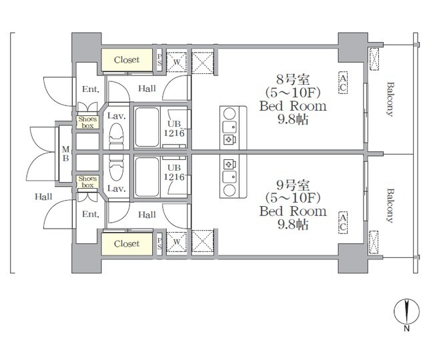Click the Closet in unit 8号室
coord(127,59)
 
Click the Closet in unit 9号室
coord(127,244)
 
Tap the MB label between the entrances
coord(65,153)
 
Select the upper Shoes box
coord(87,122)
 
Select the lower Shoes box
coord(87,182)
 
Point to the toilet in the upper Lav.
coord(116,136)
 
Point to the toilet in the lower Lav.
coord(116,168)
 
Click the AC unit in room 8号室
coord(343,83)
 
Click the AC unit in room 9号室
coord(343,223)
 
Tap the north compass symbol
coord(406,312)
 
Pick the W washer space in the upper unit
coord(176,62)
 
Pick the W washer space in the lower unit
coord(176,242)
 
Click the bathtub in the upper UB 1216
coord(147,127)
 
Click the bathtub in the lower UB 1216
coord(147,177)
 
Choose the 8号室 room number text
coord(293,79)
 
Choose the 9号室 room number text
coord(293,185)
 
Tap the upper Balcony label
coord(390,99)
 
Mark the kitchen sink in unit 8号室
coord(230,127)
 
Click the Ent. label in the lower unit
coord(91,214)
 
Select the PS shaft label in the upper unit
coord(159,59)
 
